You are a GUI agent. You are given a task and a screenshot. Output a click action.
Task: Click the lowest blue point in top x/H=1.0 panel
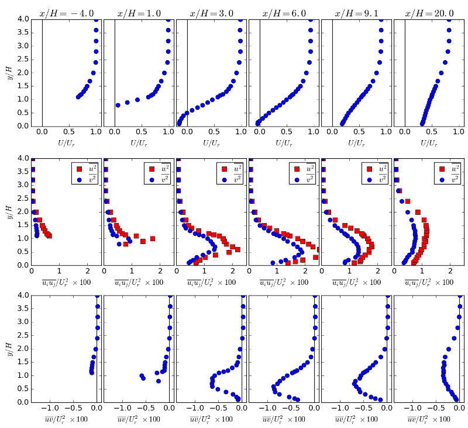tap(118, 105)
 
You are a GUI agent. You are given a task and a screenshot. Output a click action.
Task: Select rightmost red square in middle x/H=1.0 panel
tap(152, 238)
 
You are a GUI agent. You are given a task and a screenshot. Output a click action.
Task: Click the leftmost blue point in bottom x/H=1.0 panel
tap(142, 376)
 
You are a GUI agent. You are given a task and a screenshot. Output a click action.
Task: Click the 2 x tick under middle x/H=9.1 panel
tap(377, 272)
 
